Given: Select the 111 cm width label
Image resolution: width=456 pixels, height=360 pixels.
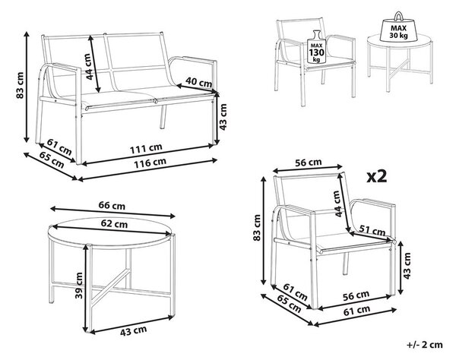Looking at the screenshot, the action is (146, 148).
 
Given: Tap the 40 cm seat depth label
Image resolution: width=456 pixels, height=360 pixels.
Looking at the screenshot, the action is (198, 81).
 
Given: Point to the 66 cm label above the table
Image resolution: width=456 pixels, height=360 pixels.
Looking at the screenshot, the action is (112, 206).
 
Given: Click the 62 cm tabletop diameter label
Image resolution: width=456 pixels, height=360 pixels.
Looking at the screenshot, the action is (114, 224).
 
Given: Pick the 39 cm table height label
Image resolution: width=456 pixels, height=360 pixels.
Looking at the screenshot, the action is (79, 286).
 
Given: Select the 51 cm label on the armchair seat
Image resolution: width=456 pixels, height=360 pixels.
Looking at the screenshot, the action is (372, 230).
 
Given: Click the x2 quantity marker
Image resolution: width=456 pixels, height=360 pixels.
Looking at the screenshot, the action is (377, 176).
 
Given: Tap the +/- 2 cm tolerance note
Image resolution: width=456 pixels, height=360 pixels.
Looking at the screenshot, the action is (425, 345).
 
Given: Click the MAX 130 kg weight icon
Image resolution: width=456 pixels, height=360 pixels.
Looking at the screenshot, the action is (316, 48).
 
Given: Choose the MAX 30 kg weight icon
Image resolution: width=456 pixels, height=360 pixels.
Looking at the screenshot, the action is (398, 27).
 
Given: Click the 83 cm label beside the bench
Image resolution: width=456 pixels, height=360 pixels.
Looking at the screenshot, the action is (20, 85).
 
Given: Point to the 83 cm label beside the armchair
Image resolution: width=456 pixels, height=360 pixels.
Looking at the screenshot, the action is (257, 228).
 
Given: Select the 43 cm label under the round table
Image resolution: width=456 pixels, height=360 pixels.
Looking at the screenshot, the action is (133, 331).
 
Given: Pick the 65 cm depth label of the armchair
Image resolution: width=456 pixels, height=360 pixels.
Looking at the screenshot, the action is (289, 304).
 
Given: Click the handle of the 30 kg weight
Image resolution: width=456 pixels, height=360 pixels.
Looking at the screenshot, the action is (398, 15).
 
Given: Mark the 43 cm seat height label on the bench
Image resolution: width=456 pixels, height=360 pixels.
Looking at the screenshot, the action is (223, 117).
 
